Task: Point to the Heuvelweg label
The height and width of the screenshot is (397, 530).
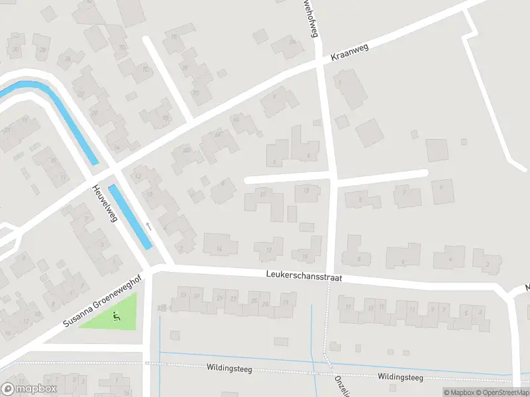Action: point(104,202)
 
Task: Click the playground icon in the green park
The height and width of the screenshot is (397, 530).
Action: point(117,316)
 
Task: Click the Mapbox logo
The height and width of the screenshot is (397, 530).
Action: point(28,389)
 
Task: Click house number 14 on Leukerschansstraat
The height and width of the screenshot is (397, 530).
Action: point(219,249)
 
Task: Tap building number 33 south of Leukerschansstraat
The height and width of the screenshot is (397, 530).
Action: point(182,295)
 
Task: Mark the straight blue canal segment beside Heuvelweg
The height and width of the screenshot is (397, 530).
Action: point(130,216)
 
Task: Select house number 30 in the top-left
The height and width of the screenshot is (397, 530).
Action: point(15,50)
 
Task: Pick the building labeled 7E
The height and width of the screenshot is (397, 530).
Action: point(175,37)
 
